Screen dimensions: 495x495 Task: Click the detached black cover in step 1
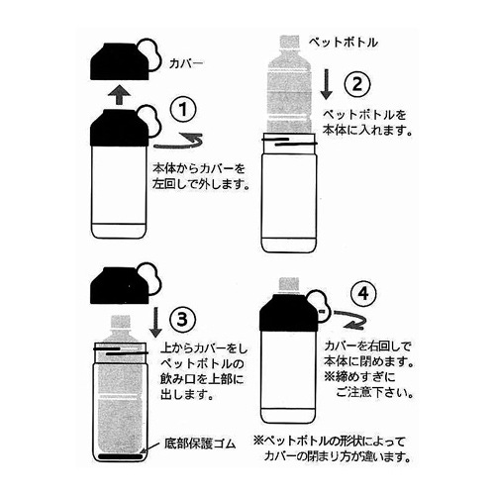(x=119, y=57)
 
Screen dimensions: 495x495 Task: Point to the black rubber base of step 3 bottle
(x=118, y=456)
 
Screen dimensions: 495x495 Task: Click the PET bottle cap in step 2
(x=288, y=45)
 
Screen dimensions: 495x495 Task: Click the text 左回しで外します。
(x=201, y=183)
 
